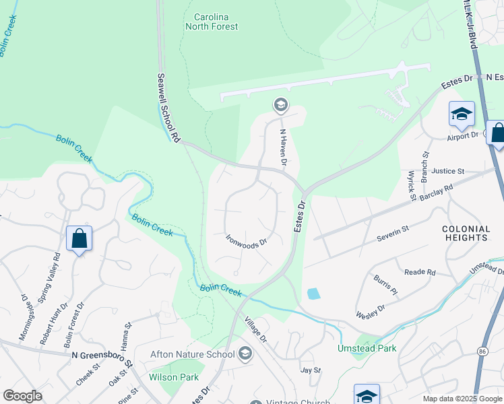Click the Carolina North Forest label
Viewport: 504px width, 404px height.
(x=212, y=21)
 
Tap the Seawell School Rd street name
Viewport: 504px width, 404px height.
(x=168, y=107)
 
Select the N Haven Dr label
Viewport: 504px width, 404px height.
(x=284, y=148)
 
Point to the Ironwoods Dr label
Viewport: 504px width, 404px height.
(x=247, y=242)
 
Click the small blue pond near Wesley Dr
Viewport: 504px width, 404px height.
(x=313, y=294)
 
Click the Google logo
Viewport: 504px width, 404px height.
(x=22, y=396)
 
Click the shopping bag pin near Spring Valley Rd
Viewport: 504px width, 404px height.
(x=79, y=238)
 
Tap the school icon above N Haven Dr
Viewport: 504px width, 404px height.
(x=280, y=104)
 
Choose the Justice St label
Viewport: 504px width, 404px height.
(x=449, y=172)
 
